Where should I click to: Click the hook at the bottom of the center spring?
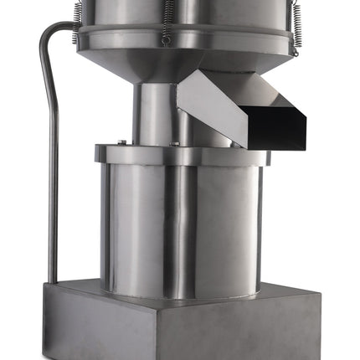coord(167,39)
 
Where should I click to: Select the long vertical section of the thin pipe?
coord(52,167)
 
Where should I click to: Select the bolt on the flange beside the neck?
coord(175,143)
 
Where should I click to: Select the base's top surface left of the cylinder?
coord(75,289)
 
